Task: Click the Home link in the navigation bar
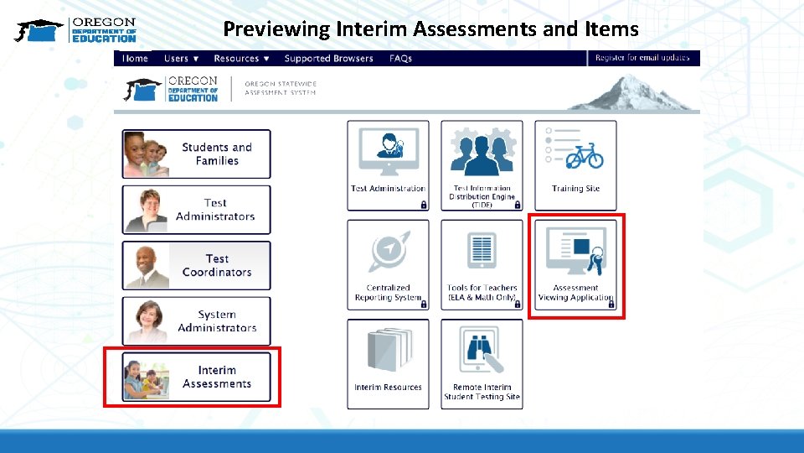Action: pos(135,59)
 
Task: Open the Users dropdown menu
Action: pos(181,59)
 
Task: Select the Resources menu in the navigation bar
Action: pos(241,59)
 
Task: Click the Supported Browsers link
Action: pos(328,59)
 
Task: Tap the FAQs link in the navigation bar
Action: pos(400,59)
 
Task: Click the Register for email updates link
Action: pos(642,58)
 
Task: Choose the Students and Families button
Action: pos(197,154)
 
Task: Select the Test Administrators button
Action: pos(197,210)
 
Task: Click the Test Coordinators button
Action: pos(197,266)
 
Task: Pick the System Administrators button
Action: pos(197,321)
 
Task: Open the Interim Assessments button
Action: pos(197,377)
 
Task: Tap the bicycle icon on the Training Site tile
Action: pos(585,155)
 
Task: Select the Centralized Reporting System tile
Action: pos(388,265)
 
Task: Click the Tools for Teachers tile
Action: pos(482,265)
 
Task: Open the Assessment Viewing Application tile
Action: pos(575,265)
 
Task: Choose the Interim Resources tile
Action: pos(388,364)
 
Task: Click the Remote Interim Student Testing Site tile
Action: pos(482,364)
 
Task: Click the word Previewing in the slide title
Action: pos(276,29)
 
